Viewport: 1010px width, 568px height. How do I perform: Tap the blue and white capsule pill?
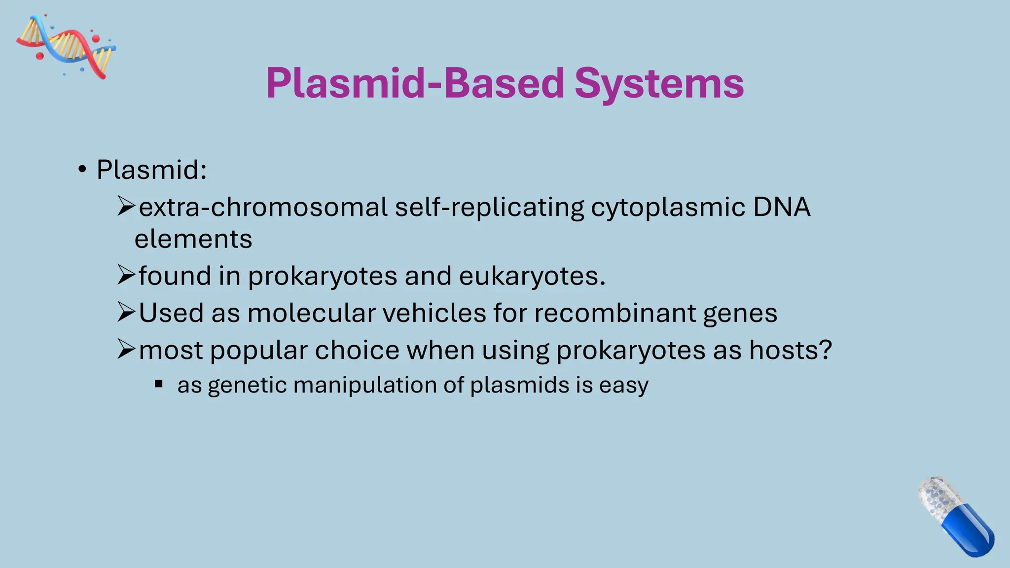955,516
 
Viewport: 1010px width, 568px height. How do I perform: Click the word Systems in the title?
659,83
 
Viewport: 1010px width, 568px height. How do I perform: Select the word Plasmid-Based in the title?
415,83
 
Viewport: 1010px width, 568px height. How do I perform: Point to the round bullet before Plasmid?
82,170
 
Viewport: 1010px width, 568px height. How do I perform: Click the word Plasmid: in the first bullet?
151,170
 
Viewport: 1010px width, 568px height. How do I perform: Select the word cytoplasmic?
668,207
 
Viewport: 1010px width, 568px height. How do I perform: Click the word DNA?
782,207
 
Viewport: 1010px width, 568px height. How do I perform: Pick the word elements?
193,239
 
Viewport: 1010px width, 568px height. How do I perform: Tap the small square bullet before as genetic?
159,384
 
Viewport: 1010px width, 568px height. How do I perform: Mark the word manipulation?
364,385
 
